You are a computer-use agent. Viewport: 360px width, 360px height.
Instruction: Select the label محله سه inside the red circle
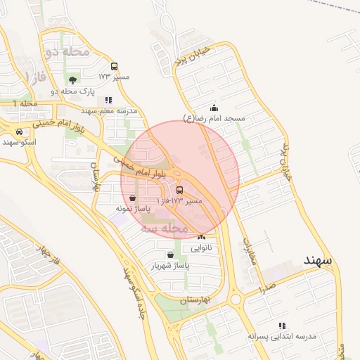point(164,229)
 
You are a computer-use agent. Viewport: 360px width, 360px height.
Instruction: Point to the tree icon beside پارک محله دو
point(73,79)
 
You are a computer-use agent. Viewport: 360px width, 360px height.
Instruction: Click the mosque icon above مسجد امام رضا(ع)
point(214,108)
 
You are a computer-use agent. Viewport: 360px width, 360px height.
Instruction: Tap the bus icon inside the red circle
point(179,190)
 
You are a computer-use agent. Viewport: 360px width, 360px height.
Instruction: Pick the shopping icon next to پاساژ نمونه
point(133,198)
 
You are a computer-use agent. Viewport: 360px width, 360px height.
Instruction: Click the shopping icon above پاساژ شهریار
point(170,255)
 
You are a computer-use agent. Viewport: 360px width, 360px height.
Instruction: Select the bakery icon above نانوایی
point(202,237)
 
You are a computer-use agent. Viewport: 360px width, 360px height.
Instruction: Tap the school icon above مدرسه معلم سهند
point(108,100)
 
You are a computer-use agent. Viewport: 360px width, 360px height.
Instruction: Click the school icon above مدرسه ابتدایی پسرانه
point(282,325)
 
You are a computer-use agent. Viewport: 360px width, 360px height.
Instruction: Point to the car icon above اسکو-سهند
point(19,131)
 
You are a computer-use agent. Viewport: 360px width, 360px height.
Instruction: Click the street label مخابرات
point(249,251)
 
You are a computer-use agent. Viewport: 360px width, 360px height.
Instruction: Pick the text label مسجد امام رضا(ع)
point(214,119)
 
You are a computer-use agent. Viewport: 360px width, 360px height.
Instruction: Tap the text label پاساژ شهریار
point(170,266)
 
